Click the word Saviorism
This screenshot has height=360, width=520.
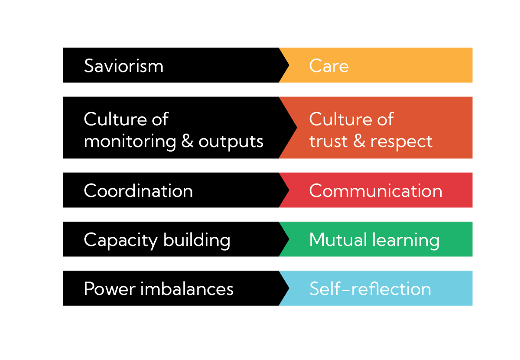pyautogui.click(x=124, y=66)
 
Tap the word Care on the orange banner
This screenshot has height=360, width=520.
pyautogui.click(x=329, y=66)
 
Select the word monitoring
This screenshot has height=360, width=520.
pyautogui.click(x=130, y=141)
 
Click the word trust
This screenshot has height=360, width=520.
pyautogui.click(x=328, y=141)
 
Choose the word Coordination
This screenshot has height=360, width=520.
pyautogui.click(x=138, y=190)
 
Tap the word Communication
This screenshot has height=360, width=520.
pyautogui.click(x=376, y=190)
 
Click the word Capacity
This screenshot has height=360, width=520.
pyautogui.click(x=121, y=241)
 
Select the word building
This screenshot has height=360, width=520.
pyautogui.click(x=197, y=240)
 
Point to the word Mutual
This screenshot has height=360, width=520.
pyautogui.click(x=338, y=239)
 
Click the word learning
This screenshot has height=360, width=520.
pyautogui.click(x=406, y=241)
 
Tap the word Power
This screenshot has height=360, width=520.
pyautogui.click(x=110, y=289)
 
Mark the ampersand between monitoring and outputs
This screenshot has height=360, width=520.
pyautogui.click(x=187, y=141)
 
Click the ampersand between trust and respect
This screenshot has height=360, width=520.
pyautogui.click(x=359, y=141)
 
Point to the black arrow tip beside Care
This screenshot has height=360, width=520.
pyautogui.click(x=289, y=65)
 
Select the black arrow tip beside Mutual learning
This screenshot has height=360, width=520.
pyautogui.click(x=289, y=239)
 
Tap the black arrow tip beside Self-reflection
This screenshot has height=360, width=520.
pyautogui.click(x=289, y=288)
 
